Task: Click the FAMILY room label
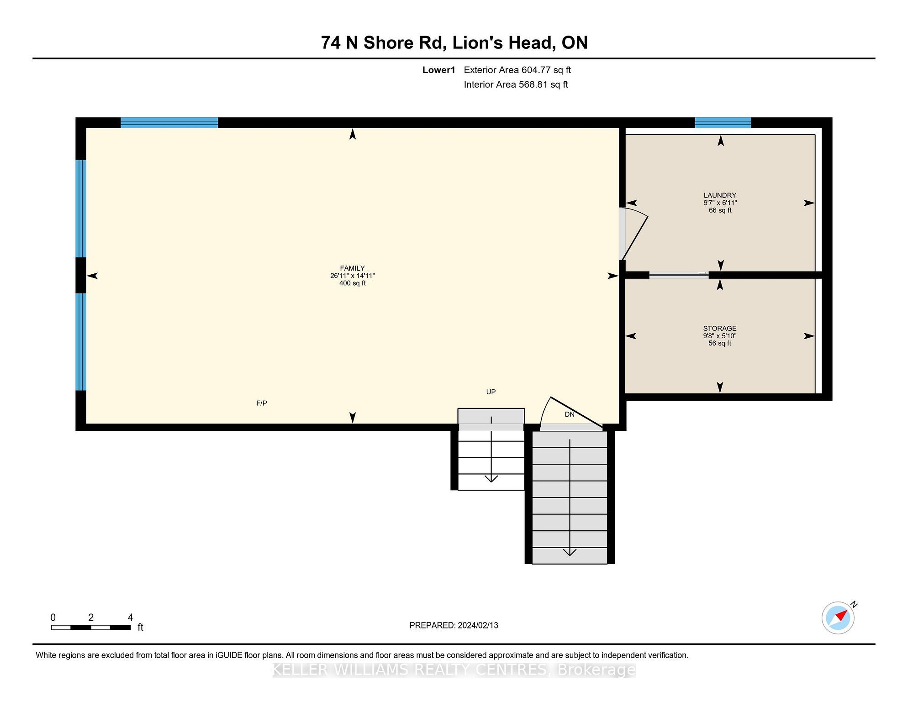click(x=352, y=268)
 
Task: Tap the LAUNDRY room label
click(x=720, y=195)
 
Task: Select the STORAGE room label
click(x=719, y=329)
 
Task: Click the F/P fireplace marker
click(x=261, y=403)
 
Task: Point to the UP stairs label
click(x=491, y=392)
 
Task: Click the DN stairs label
click(x=570, y=414)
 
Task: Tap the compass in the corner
click(x=838, y=618)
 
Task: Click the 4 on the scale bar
click(x=130, y=617)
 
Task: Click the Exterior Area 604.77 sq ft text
click(x=517, y=70)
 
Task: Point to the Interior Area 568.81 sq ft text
click(x=516, y=84)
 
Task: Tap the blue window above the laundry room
click(x=723, y=122)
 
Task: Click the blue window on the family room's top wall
click(x=169, y=122)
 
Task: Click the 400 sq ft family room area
click(x=352, y=283)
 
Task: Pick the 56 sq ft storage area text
click(x=719, y=343)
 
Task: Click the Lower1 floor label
click(x=438, y=70)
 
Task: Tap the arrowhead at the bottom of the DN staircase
click(x=570, y=552)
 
